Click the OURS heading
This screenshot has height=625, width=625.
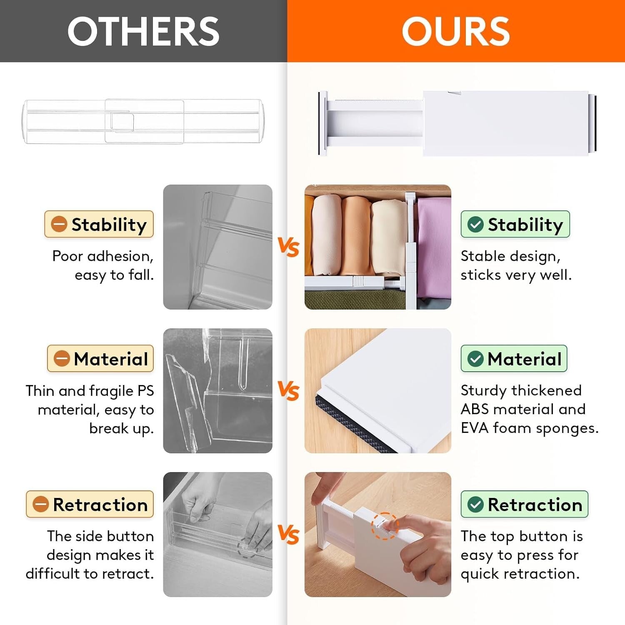tap(455, 31)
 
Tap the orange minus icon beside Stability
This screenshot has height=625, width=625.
tap(59, 224)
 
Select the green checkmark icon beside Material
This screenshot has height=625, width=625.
tap(475, 359)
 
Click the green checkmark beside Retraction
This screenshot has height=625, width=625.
tap(475, 505)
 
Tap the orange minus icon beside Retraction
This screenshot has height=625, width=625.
tap(41, 504)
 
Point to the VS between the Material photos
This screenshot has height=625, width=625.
tap(288, 391)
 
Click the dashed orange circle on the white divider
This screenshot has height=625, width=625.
tap(385, 526)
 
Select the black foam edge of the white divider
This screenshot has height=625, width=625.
tap(354, 425)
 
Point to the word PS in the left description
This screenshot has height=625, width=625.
tap(145, 391)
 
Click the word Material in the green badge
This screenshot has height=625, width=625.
tap(525, 359)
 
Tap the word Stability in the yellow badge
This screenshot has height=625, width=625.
tap(109, 225)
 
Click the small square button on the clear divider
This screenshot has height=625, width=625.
tap(122, 122)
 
